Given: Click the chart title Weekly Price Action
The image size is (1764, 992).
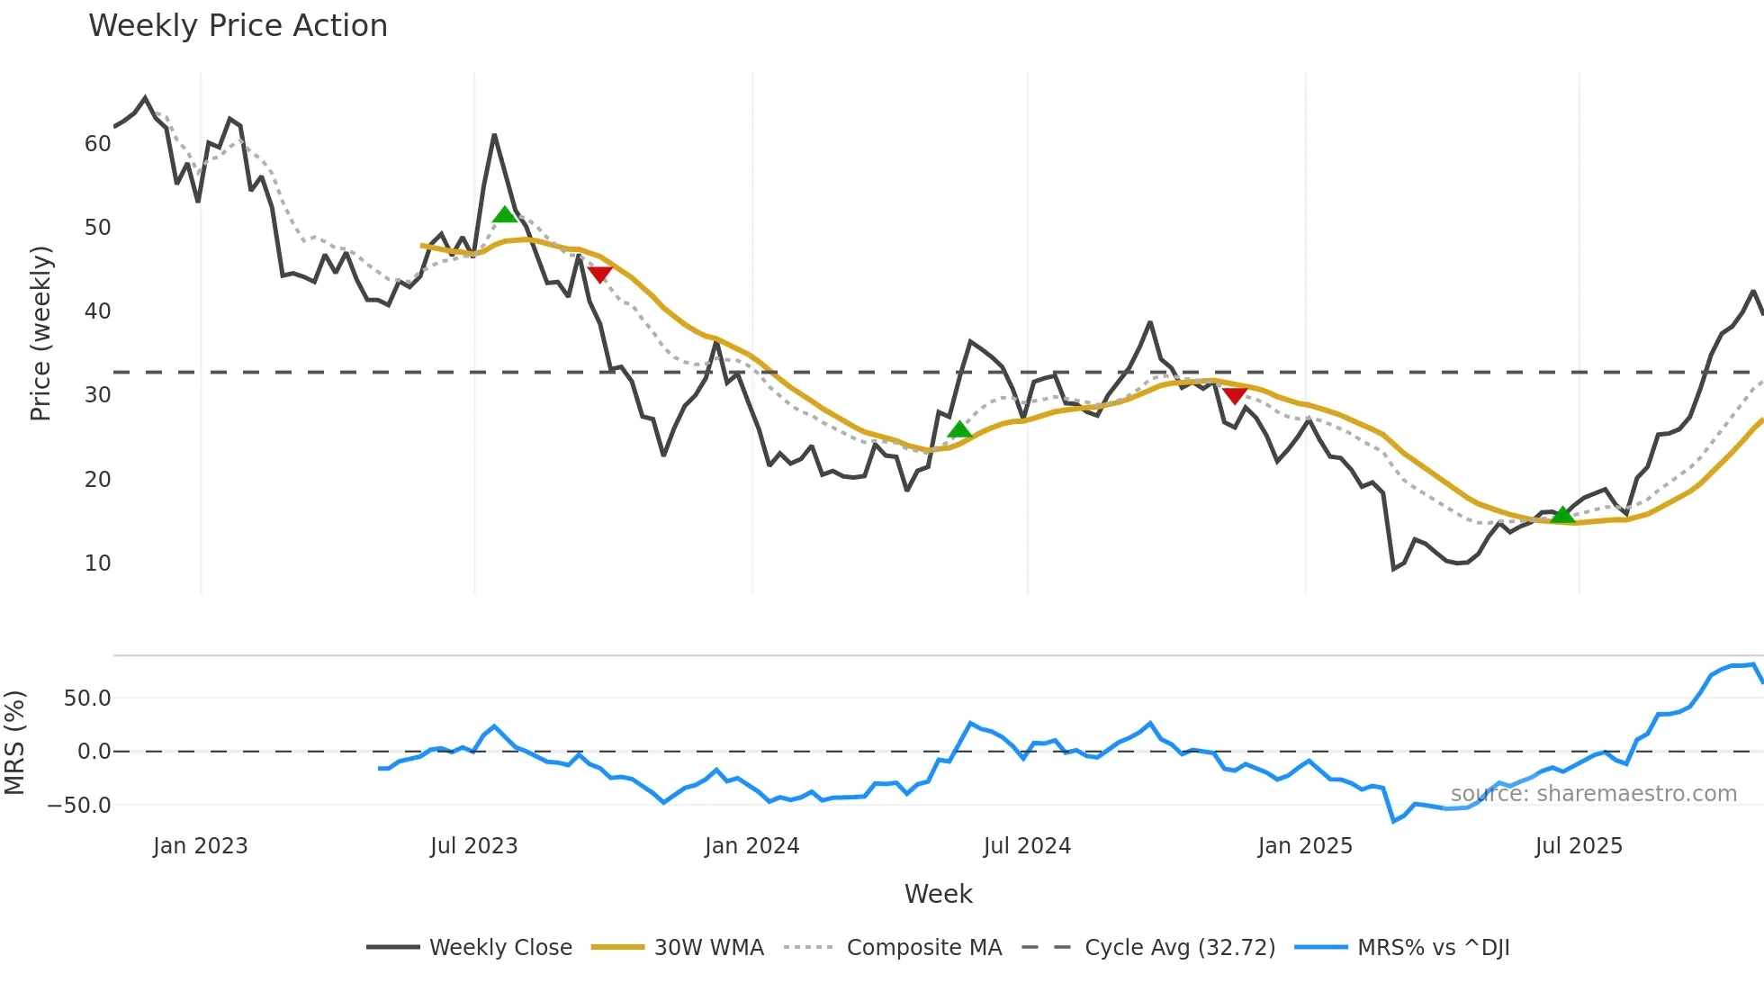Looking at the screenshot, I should [238, 26].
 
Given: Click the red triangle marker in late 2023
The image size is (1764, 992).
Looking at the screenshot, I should [599, 274].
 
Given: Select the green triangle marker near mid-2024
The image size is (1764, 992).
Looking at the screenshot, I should [959, 430].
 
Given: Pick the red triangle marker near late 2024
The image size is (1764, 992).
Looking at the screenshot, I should [1235, 395].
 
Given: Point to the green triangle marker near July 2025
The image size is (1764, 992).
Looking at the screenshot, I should [1563, 515].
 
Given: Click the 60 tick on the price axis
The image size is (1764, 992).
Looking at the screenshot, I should [97, 144].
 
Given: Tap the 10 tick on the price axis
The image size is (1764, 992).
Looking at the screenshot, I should [97, 564].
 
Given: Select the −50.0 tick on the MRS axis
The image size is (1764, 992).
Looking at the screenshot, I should [79, 806].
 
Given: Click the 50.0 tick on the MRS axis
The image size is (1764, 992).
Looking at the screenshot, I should [87, 699].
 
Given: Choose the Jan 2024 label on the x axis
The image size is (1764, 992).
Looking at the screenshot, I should [751, 846].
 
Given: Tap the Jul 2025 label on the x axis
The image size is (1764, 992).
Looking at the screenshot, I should [1579, 846].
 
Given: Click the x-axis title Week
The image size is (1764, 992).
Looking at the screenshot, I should [938, 894].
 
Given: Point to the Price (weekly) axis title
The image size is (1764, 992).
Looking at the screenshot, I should [41, 333].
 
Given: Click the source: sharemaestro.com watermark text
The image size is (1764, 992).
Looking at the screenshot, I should [1593, 794].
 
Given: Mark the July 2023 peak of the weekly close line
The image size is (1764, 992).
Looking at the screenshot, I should [494, 136].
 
